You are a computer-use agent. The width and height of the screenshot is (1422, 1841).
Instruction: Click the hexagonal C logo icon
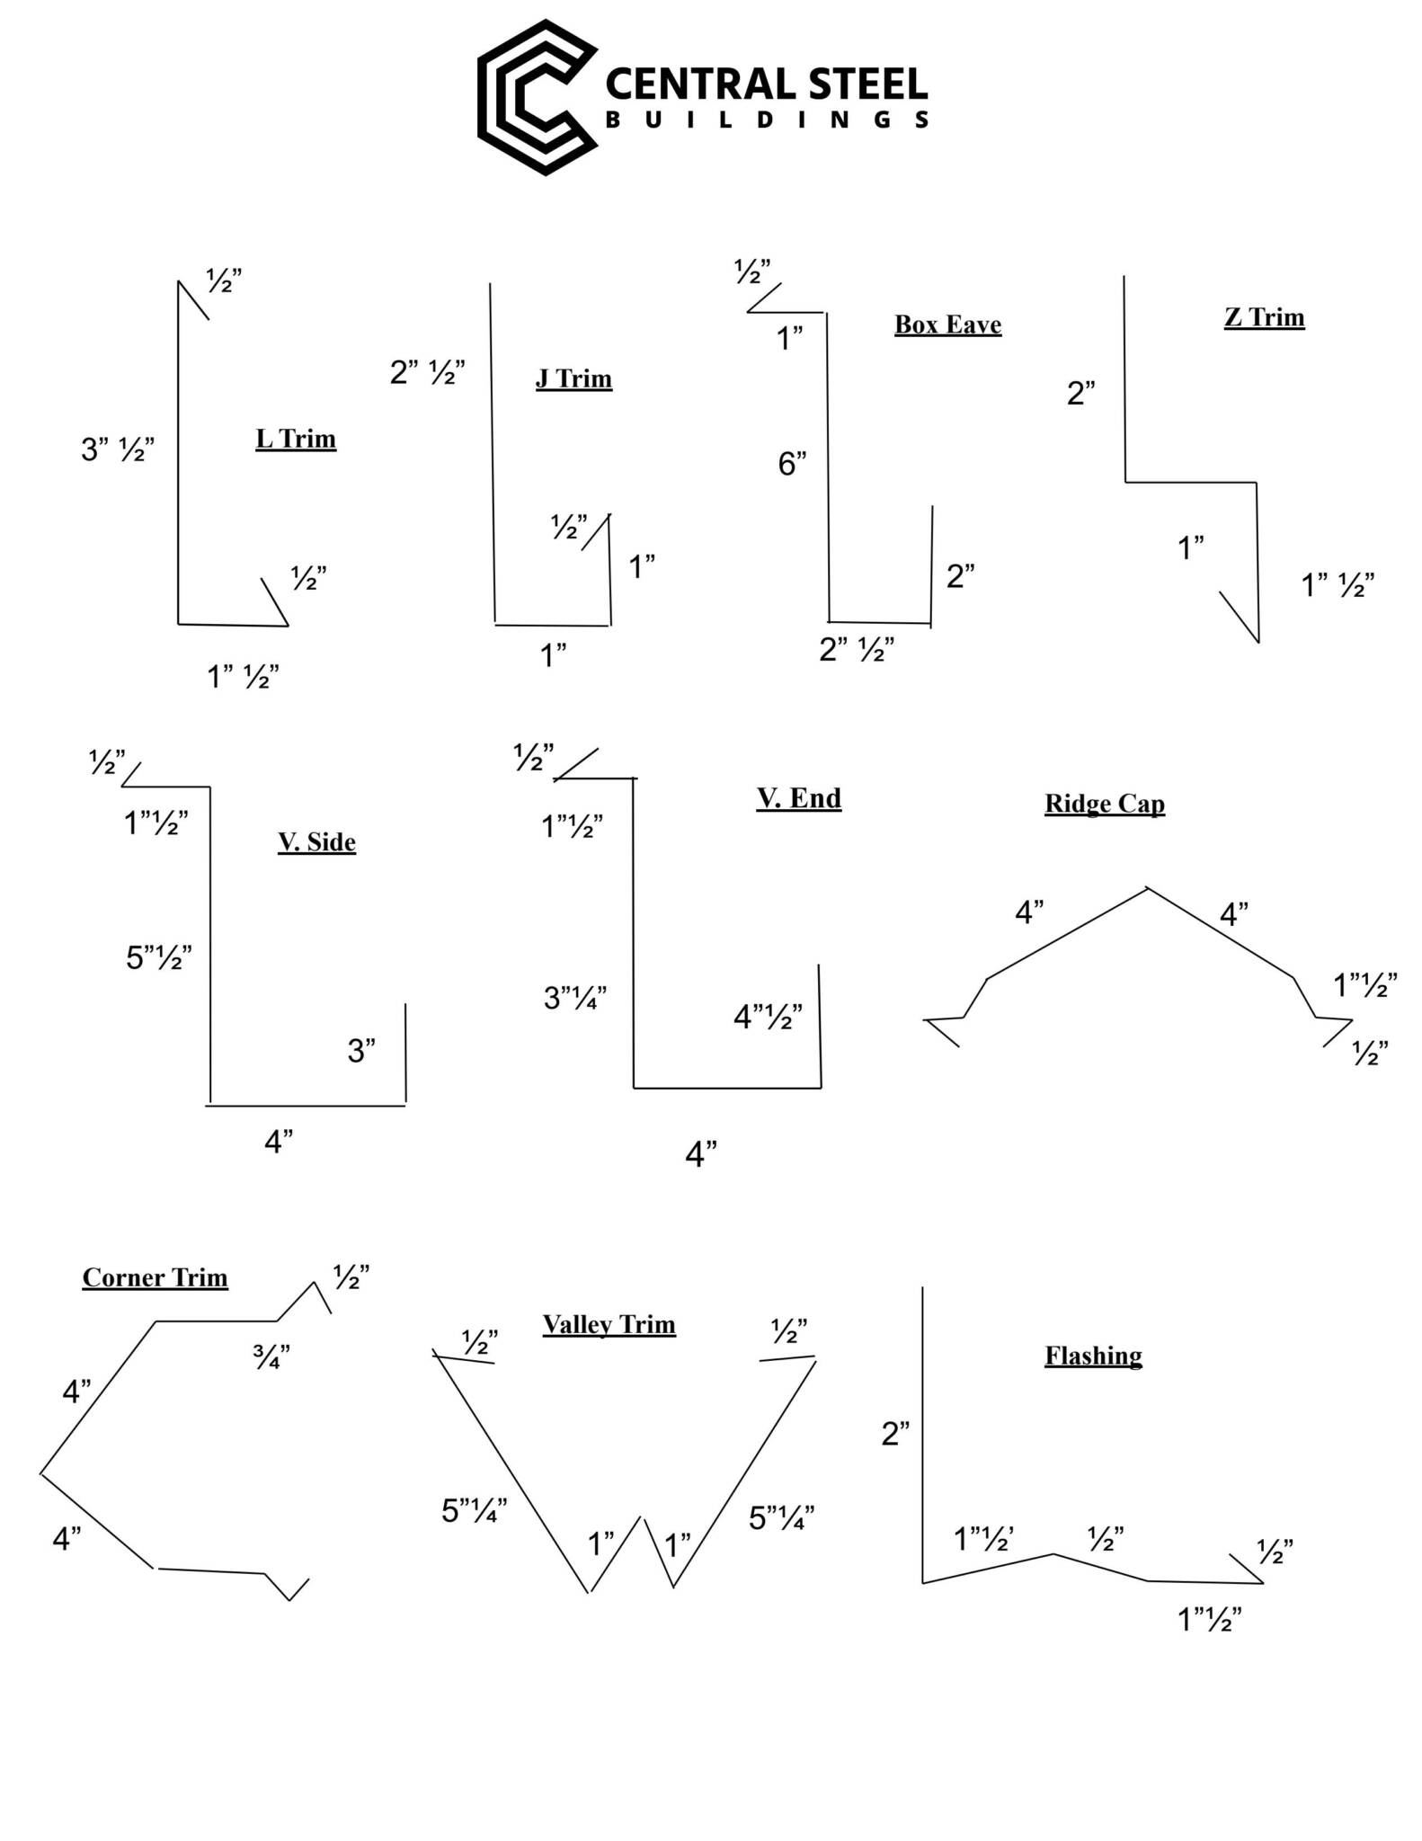pos(538,97)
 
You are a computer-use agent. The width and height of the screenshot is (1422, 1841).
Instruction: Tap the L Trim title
pos(296,439)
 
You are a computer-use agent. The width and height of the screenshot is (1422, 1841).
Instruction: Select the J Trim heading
pos(573,378)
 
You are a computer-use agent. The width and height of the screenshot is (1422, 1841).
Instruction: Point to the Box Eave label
pos(947,325)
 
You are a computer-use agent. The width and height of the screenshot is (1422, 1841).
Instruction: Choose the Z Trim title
pos(1264,317)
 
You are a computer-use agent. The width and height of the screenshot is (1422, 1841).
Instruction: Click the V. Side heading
pos(316,842)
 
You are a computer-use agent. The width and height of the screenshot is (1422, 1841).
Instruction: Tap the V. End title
pos(799,798)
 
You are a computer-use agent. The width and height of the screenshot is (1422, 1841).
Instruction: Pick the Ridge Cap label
pos(1105,804)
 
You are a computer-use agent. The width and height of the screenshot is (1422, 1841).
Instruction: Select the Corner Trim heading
pos(156,1277)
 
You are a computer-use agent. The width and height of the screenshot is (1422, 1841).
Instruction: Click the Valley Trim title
pos(609,1324)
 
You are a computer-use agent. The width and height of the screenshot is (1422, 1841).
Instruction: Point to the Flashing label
pos(1093,1356)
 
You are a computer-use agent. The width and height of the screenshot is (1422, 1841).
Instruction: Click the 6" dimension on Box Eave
pos(792,464)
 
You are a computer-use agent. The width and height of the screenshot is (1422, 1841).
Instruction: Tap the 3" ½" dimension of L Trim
pos(118,449)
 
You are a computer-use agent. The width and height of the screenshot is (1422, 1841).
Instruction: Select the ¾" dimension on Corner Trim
pos(271,1356)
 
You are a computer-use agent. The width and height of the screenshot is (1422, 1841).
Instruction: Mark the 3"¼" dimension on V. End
pos(575,997)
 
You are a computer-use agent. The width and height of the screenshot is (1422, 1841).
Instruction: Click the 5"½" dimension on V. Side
pos(159,957)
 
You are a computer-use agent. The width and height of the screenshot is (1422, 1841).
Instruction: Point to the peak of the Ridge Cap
pos(1146,888)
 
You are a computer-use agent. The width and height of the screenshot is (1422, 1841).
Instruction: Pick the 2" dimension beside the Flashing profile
pos(895,1434)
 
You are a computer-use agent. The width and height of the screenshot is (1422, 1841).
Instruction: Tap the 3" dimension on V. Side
pos(361,1050)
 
